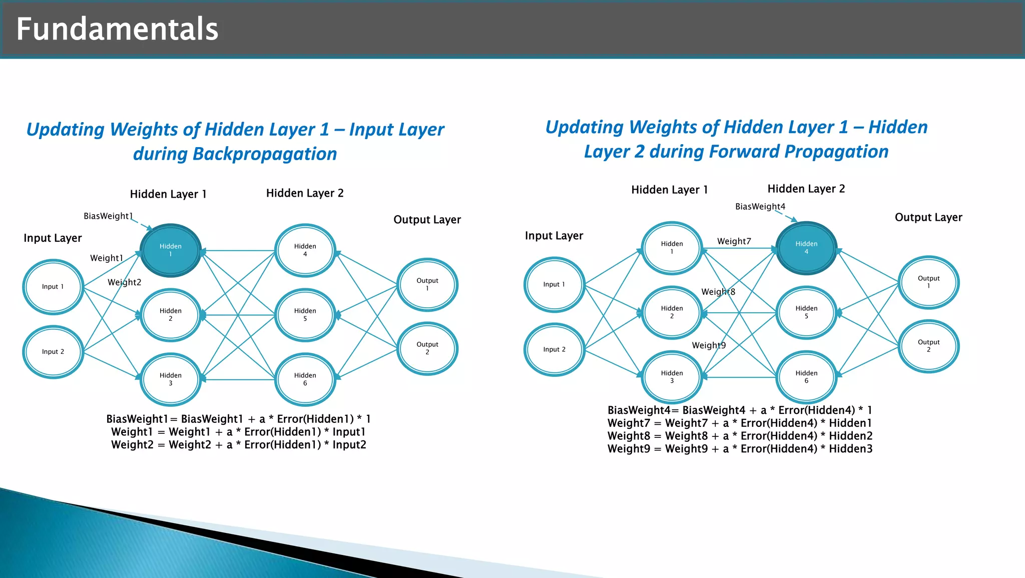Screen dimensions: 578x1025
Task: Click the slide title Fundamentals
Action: (x=117, y=29)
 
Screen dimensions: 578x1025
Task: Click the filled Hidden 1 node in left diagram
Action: (x=170, y=250)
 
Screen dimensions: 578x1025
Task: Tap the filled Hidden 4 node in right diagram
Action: (x=806, y=248)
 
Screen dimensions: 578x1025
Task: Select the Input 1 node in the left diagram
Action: (x=53, y=287)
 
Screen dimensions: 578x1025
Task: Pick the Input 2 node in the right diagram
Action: (x=554, y=349)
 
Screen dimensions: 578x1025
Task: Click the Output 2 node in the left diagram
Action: (x=427, y=348)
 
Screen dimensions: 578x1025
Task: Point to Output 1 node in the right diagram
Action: (x=928, y=282)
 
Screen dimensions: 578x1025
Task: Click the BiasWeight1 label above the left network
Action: (x=108, y=216)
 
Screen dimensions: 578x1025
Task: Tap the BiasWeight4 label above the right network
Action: (x=760, y=207)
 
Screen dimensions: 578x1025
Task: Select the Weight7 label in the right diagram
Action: (x=734, y=241)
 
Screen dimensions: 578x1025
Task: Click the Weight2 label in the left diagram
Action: (x=124, y=282)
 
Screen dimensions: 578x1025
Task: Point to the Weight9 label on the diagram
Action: (x=709, y=345)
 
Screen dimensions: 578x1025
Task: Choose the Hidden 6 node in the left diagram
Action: (x=305, y=379)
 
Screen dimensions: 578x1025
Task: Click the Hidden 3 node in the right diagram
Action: (x=672, y=377)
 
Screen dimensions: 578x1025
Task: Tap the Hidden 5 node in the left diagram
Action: (x=305, y=315)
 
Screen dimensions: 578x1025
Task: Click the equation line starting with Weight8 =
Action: (x=740, y=436)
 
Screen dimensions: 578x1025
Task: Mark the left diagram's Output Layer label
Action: (x=427, y=220)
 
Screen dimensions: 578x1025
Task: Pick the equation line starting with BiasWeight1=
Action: (x=238, y=419)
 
